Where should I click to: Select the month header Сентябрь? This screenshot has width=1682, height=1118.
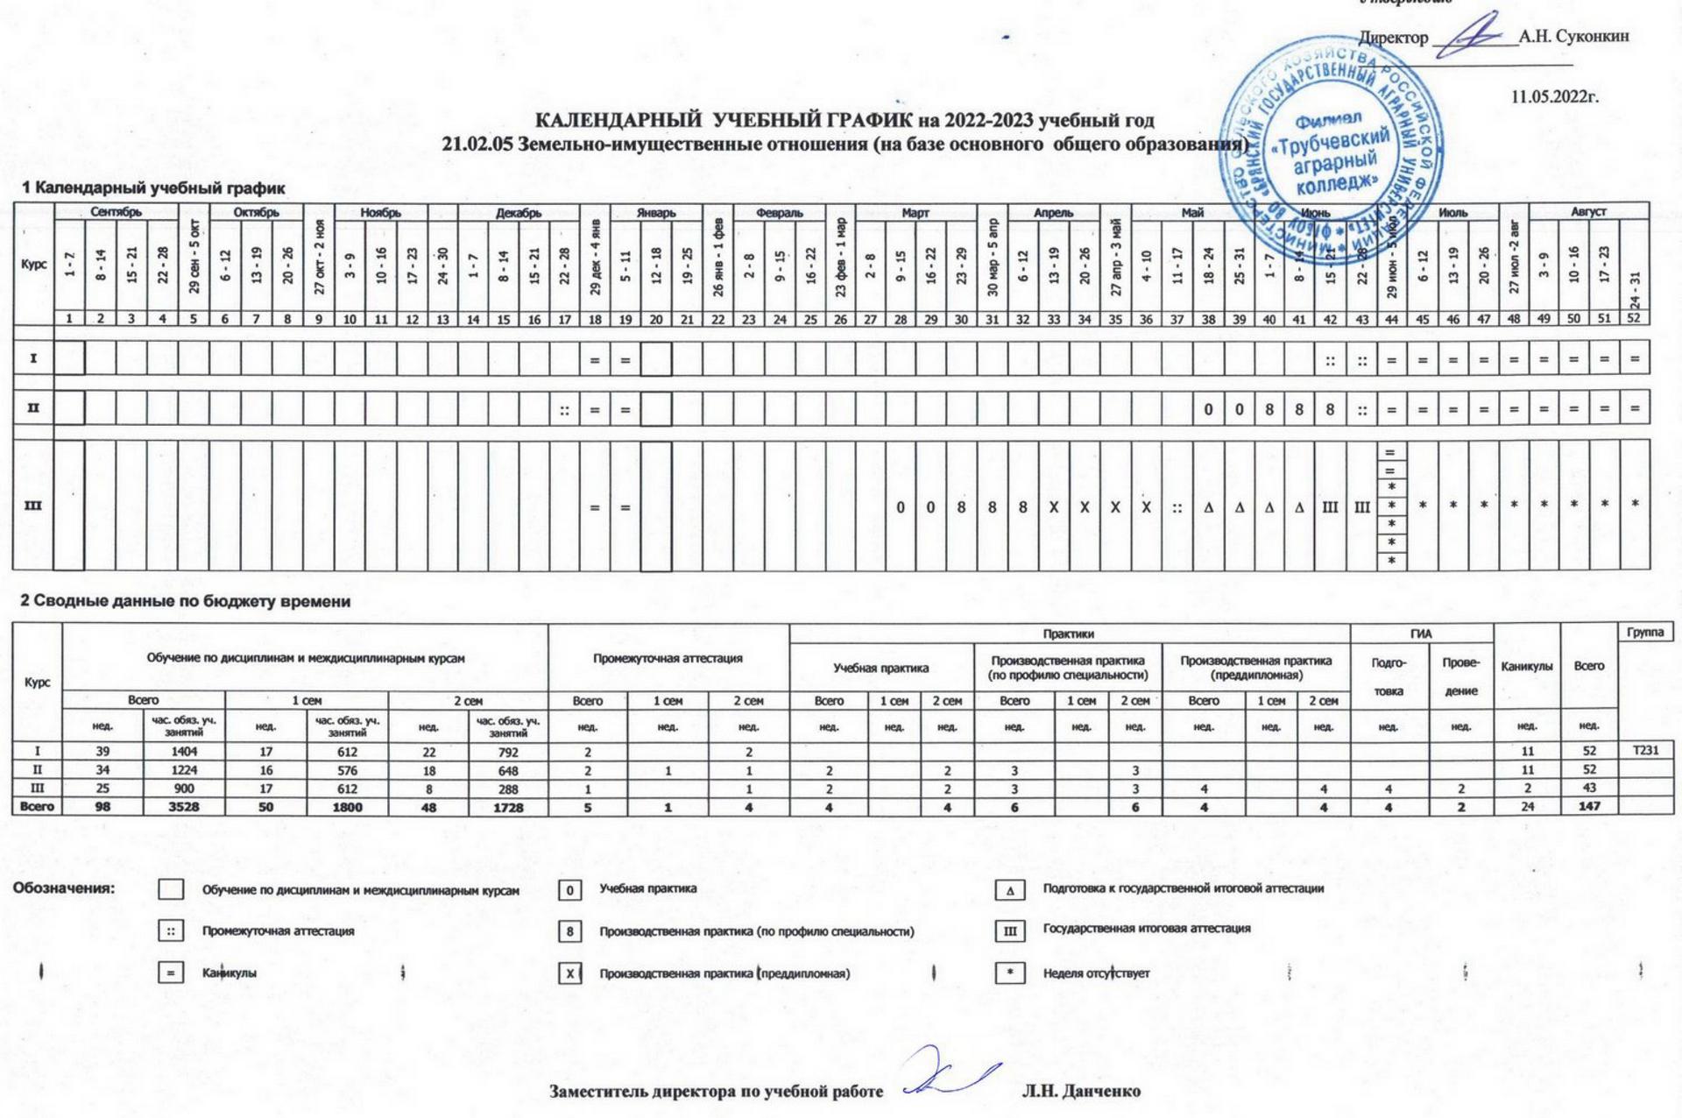pos(116,212)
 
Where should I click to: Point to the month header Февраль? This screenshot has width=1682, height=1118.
pos(779,212)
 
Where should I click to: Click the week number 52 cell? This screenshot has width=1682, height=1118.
pos(1634,319)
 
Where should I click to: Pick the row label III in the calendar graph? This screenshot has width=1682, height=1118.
pos(33,506)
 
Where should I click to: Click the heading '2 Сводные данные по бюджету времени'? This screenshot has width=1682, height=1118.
pos(185,601)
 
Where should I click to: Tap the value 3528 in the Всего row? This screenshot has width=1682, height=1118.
pos(184,807)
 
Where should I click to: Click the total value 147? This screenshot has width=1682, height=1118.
pos(1589,807)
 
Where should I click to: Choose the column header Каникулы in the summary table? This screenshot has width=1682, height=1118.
pos(1527,666)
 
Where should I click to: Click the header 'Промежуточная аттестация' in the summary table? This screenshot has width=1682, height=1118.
pos(668,658)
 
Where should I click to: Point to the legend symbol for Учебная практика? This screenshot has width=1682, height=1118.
pos(569,890)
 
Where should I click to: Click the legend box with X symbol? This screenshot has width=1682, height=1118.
pos(569,973)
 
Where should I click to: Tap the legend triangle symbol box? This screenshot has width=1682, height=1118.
pos(1009,890)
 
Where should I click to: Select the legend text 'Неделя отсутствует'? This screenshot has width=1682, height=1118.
pos(1096,973)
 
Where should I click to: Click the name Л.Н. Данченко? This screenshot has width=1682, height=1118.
pos(1081,1092)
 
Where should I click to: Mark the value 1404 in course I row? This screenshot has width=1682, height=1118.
pos(184,752)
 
